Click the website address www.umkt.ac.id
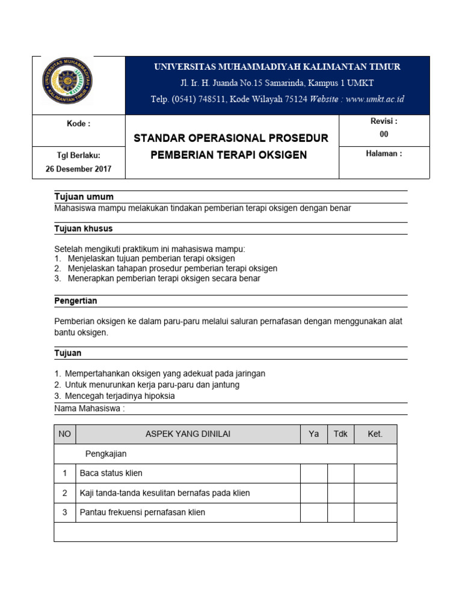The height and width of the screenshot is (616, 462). tap(375, 99)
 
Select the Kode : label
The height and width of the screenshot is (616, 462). tap(78, 124)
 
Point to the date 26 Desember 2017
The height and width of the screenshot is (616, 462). tap(78, 169)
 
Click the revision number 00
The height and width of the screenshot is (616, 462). tap(384, 134)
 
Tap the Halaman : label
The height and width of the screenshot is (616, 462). tap(384, 153)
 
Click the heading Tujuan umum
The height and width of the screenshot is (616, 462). tap(84, 197)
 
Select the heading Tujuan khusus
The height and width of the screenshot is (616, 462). tap(84, 229)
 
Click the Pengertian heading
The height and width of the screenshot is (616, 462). tap(76, 301)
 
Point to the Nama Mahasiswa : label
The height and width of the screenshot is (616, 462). tap(90, 408)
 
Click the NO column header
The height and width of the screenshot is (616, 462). tap(64, 434)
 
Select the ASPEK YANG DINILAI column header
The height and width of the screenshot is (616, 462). tap(188, 434)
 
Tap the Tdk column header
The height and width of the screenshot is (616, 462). tap(340, 434)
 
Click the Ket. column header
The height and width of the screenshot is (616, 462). tap(375, 434)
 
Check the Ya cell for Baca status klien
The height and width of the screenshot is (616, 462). tap(313, 473)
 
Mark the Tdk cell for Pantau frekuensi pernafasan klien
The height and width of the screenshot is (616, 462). tap(340, 513)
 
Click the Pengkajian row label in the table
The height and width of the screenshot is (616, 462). tap(106, 454)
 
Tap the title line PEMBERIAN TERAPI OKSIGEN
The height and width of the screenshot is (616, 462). tap(229, 155)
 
